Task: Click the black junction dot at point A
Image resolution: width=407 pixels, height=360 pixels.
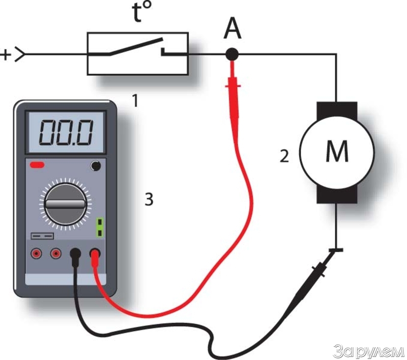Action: [x=232, y=53]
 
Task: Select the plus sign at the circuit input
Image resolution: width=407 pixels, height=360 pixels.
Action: [x=7, y=54]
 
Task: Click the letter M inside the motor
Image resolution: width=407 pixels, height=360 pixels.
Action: [x=336, y=152]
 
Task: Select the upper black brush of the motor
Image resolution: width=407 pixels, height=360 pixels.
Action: [x=336, y=108]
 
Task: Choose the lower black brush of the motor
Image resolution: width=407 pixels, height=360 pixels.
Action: [x=336, y=194]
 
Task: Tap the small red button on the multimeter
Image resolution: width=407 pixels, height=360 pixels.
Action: [x=37, y=165]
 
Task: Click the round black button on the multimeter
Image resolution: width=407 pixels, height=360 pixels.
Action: [x=94, y=165]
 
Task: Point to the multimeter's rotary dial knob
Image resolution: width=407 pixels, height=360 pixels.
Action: [x=65, y=204]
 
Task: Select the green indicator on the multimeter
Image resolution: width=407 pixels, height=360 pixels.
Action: [x=100, y=228]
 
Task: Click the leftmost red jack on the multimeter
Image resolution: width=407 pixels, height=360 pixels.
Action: [x=37, y=253]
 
